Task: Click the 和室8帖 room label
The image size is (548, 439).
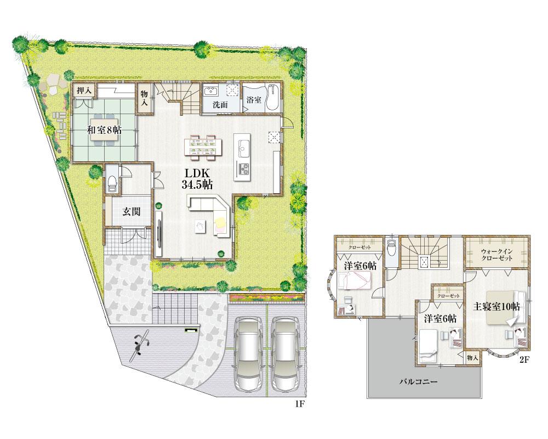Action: click(x=104, y=130)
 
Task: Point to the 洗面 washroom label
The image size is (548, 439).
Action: click(x=221, y=105)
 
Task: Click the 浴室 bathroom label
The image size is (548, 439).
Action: click(x=253, y=100)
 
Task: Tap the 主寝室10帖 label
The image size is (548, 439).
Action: click(x=497, y=307)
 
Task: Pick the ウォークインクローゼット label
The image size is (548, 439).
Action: click(x=497, y=254)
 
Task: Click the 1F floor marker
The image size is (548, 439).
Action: click(x=299, y=404)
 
